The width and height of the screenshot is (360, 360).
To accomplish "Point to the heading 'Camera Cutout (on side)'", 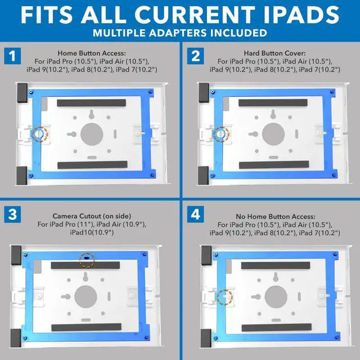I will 91,215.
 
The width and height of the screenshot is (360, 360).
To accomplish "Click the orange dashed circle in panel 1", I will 40,134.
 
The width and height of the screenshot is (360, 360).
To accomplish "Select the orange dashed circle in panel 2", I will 221,134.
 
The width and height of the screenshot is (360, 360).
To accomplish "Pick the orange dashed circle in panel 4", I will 224,296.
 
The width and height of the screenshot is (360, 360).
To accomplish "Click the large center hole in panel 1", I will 92,134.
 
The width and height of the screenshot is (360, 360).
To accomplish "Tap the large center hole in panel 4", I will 275,295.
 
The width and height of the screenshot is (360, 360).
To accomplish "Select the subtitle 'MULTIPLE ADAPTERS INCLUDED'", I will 180,32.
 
